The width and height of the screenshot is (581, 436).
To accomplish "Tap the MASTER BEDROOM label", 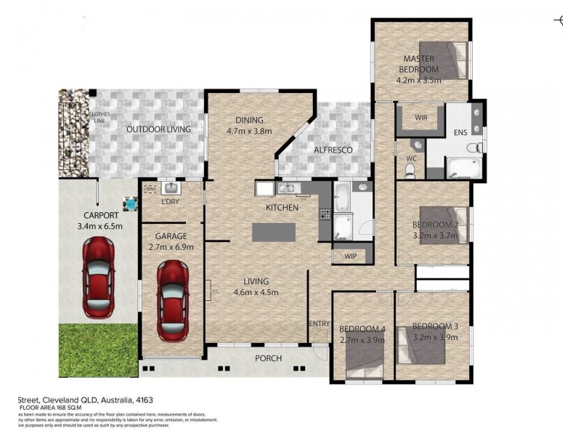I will (x=418, y=63).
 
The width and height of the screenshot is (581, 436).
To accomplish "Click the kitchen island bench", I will (x=275, y=233).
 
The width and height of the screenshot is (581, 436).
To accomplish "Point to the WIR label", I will (x=420, y=117).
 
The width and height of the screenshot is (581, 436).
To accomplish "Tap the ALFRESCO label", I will (x=333, y=150).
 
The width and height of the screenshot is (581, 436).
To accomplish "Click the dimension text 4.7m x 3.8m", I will (x=249, y=132).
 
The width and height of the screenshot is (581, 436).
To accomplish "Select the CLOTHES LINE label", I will (x=99, y=117).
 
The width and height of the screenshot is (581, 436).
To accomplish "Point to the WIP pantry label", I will (x=350, y=256).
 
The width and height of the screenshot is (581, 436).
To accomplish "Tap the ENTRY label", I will (x=319, y=324).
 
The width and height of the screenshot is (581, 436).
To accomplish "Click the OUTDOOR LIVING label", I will (x=158, y=129).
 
